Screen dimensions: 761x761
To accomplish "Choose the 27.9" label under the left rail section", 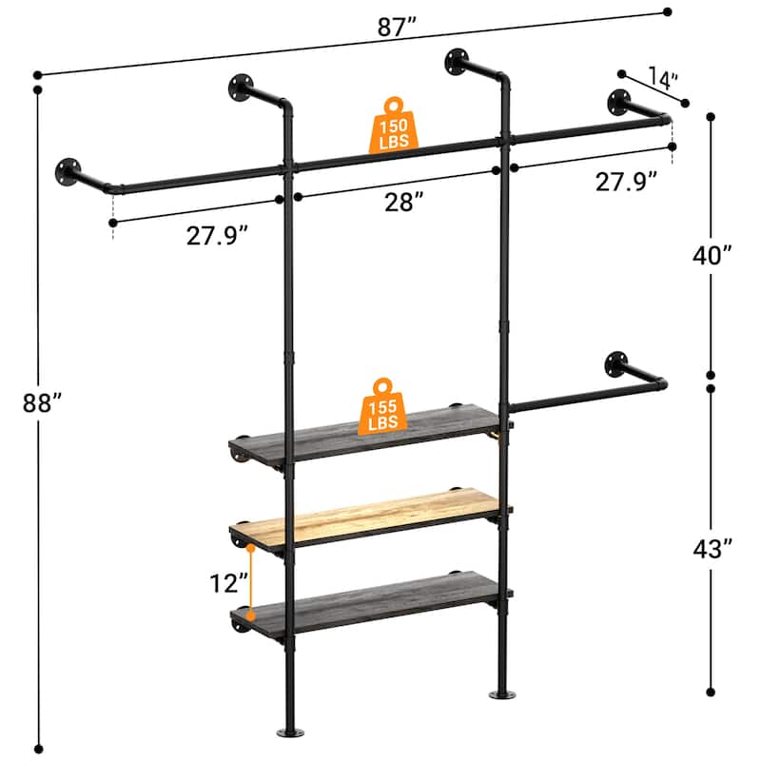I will [x=221, y=236].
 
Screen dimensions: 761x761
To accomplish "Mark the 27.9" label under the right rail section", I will [x=627, y=180].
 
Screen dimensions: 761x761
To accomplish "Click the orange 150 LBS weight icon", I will [x=394, y=125].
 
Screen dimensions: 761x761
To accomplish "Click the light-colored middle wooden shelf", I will [x=371, y=519].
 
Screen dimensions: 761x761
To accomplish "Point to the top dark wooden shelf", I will [x=371, y=433].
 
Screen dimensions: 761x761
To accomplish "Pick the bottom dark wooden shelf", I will [x=371, y=601].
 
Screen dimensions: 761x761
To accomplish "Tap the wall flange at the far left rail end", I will [x=69, y=171].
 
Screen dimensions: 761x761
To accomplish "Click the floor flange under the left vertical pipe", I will [x=288, y=732].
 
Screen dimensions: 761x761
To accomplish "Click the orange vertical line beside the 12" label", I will [x=249, y=581].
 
